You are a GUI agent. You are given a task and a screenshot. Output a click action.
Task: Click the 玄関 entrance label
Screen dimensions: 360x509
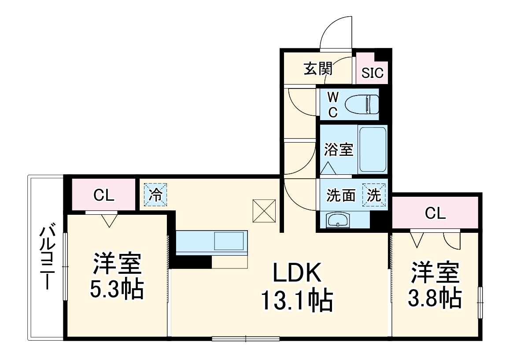(x=318, y=69)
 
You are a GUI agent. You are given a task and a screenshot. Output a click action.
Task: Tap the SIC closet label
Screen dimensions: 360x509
(x=373, y=73)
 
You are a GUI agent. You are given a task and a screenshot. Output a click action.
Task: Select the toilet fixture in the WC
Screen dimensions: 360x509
(x=361, y=105)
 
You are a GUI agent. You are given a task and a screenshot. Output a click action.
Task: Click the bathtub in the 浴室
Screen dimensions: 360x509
(x=373, y=150)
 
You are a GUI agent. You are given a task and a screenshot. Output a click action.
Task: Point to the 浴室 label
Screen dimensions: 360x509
(x=339, y=150)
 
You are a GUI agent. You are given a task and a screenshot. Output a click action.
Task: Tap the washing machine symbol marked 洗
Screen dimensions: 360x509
(x=374, y=195)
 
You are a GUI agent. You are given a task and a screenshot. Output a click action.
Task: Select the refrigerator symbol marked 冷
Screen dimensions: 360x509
(x=155, y=194)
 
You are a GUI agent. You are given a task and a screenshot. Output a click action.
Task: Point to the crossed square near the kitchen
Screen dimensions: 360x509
(x=264, y=210)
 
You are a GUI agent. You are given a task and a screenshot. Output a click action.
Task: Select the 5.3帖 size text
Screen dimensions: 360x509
(x=117, y=289)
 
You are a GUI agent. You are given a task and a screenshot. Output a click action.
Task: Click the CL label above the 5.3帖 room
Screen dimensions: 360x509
(x=104, y=195)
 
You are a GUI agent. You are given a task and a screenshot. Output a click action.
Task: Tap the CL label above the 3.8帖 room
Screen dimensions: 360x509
(x=435, y=213)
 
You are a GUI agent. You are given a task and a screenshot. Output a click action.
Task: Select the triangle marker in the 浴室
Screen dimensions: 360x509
(x=327, y=168)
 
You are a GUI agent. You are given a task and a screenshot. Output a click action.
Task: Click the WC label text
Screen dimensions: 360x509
(x=333, y=104)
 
